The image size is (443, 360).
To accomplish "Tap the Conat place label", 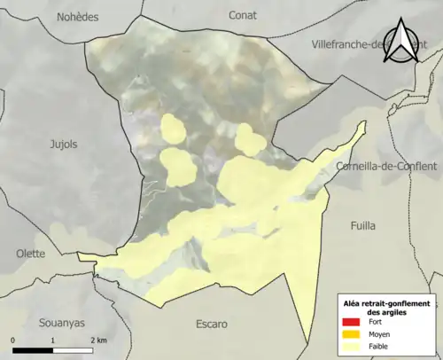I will (x=243, y=14).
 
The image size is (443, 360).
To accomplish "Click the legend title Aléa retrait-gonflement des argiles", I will (x=386, y=308).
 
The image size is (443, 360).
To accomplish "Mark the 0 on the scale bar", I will (x=13, y=340).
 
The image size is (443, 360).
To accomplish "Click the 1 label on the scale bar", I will (x=53, y=340).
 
